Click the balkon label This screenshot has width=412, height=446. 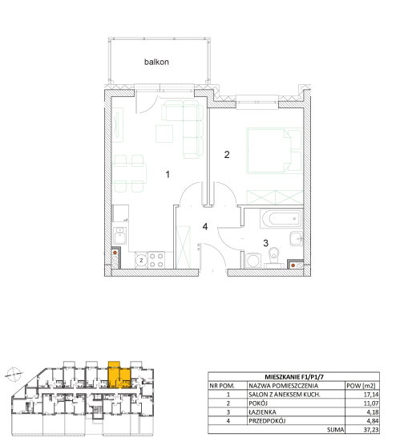click(x=156, y=62)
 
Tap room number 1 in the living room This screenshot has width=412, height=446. click(x=168, y=174)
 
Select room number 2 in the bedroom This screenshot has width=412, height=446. click(x=227, y=155)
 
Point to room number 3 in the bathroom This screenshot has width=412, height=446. click(x=265, y=243)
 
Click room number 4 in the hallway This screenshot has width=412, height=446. click(x=205, y=227)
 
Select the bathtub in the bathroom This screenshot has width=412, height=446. click(x=281, y=219)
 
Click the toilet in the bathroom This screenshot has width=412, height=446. click(x=273, y=257)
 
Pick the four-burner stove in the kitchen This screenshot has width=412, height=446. click(x=156, y=260)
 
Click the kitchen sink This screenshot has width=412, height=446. click(x=120, y=235)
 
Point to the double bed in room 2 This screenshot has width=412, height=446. click(x=274, y=151)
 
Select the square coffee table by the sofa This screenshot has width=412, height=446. click(x=164, y=134)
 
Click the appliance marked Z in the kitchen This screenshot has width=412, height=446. click(x=141, y=260)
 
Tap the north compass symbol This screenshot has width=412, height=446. click(x=14, y=374)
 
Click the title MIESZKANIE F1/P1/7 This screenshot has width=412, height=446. click(x=294, y=377)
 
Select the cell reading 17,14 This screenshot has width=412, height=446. click(x=371, y=395)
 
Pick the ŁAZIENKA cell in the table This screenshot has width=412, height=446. click(x=263, y=412)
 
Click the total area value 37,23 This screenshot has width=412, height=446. click(x=371, y=429)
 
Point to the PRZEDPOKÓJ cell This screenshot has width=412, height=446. click(x=267, y=421)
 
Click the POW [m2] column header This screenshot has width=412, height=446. click(x=361, y=386)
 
